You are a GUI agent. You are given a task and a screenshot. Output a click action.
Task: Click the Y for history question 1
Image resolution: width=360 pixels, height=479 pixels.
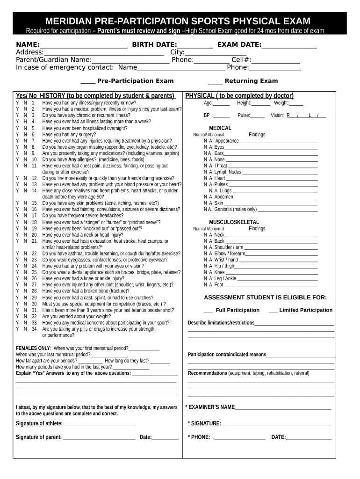18,103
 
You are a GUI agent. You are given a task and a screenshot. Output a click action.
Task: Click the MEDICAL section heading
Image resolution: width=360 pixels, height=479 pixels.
220,128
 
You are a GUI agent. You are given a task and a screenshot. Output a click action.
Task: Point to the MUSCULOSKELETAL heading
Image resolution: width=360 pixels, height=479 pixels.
234,222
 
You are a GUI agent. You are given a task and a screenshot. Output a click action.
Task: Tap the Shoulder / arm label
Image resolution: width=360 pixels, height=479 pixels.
229,247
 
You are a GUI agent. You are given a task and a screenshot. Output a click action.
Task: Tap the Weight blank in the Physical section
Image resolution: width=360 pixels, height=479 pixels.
296,104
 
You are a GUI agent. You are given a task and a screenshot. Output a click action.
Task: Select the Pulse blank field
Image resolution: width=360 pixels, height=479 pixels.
258,116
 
